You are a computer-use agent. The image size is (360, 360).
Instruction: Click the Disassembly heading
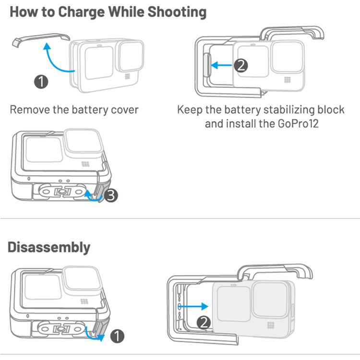(49, 247)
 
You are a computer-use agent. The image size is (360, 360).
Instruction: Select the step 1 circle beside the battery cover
(42, 81)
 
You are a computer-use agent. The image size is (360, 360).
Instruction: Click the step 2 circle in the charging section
(242, 65)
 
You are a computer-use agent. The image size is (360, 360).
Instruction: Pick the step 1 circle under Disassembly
(117, 336)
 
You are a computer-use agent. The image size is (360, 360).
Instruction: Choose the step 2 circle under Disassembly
(204, 323)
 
